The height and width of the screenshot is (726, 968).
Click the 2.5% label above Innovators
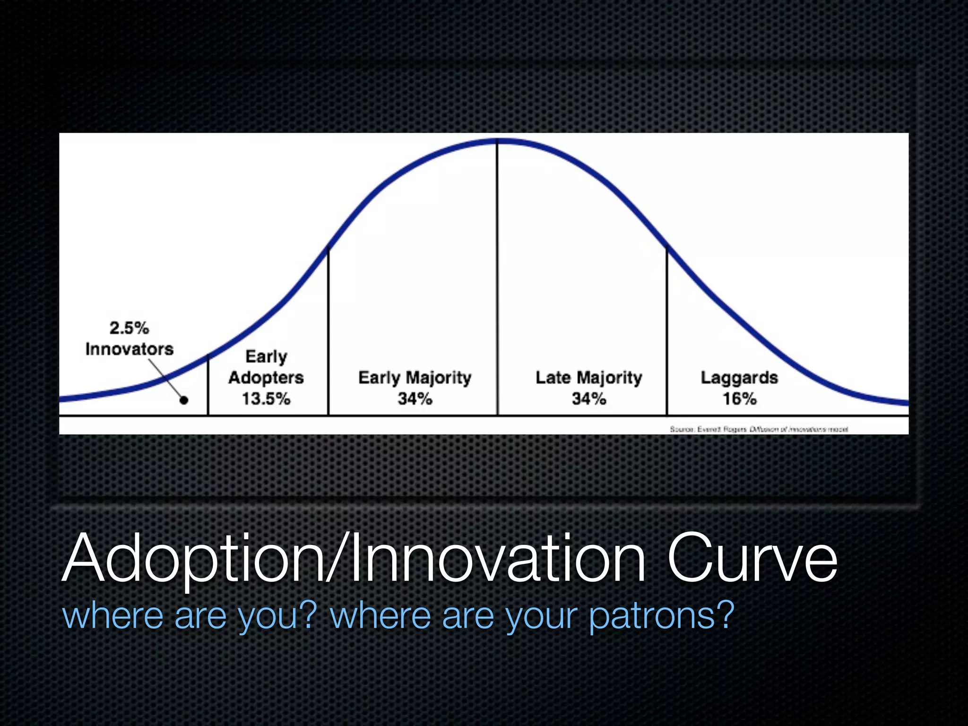[129, 328]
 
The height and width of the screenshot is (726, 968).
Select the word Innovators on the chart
[130, 349]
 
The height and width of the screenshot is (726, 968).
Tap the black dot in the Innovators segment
[184, 400]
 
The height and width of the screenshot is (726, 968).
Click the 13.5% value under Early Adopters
[266, 398]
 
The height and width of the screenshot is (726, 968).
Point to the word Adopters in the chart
[266, 378]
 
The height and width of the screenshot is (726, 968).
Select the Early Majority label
[415, 378]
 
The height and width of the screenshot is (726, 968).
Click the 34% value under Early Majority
[415, 398]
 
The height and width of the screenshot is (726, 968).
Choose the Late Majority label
[588, 378]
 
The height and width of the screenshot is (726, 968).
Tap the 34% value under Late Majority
[588, 398]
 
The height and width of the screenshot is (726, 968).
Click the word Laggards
[739, 378]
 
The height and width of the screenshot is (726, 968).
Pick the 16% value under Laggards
[739, 398]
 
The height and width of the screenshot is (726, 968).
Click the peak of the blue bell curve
[497, 140]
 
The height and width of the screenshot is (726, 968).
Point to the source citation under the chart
[759, 429]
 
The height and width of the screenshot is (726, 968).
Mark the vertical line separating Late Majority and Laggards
[667, 331]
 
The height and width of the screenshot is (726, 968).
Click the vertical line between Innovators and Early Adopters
[208, 385]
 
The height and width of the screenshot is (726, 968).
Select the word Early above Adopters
[266, 356]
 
